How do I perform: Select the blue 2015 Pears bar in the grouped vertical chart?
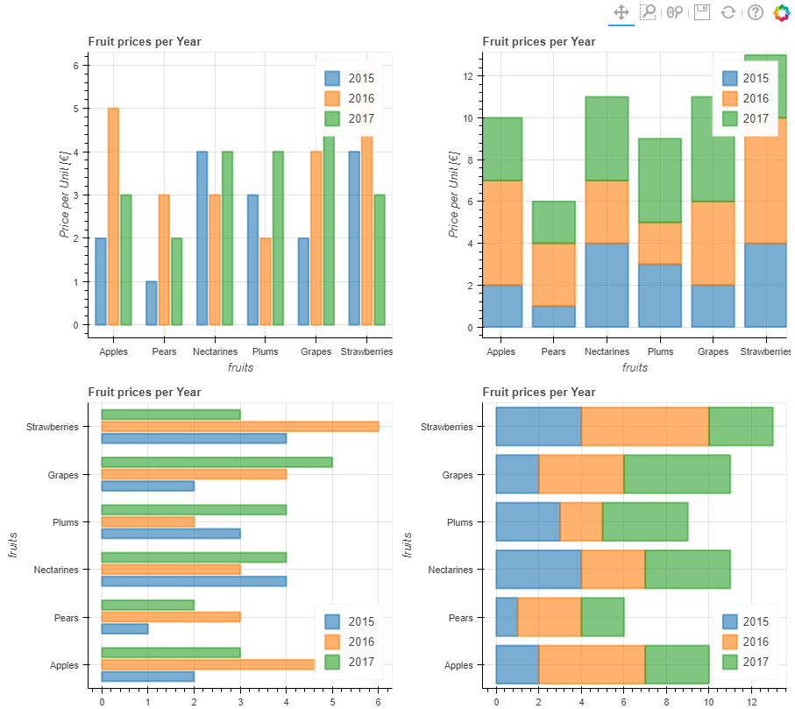[x=152, y=303]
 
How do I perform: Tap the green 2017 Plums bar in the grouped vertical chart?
[x=278, y=238]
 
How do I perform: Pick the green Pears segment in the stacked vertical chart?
[x=553, y=223]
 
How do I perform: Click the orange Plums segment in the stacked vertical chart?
[x=660, y=244]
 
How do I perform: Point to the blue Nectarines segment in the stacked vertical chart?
[x=607, y=285]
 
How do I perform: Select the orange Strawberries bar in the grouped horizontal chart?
[x=239, y=427]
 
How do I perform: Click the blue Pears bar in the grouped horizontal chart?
[x=124, y=628]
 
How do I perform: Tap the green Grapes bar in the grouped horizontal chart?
[x=216, y=462]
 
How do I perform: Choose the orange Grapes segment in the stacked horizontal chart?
[x=580, y=474]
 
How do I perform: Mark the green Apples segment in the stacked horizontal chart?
[x=677, y=664]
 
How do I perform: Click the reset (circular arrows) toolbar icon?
[x=728, y=12]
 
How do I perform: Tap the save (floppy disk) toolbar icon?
[x=701, y=12]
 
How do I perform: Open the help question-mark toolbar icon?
[x=756, y=12]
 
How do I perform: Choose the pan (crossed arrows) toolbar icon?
[x=621, y=12]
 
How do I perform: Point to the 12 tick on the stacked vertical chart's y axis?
[x=468, y=76]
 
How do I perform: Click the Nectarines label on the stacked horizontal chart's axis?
[x=448, y=570]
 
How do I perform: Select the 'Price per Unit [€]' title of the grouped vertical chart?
[x=64, y=193]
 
